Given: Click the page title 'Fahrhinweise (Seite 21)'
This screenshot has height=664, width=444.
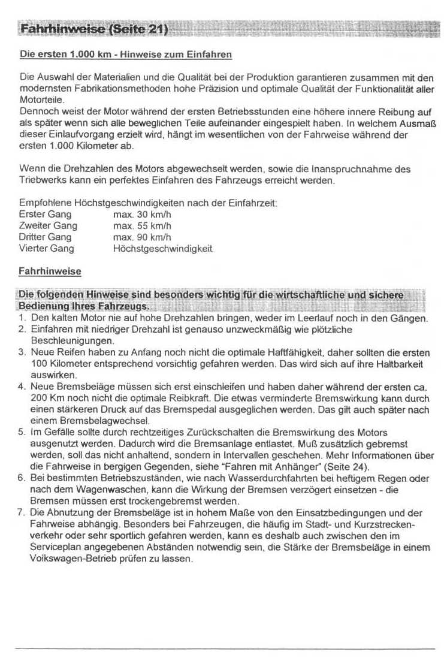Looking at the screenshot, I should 93,29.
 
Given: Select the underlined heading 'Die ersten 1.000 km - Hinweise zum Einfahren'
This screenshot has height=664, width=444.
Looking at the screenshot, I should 126,55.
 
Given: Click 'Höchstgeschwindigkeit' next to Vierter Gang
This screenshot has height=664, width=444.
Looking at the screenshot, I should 162,248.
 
